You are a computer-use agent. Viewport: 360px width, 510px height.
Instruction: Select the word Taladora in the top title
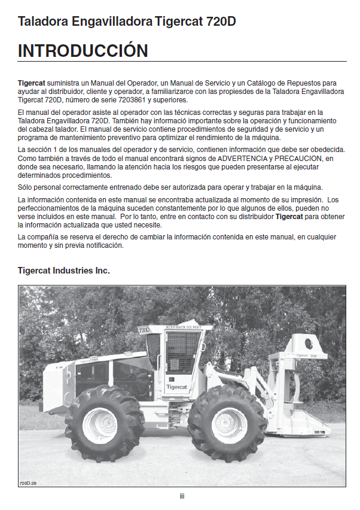point(43,22)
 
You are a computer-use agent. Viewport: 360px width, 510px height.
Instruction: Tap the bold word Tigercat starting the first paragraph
point(31,83)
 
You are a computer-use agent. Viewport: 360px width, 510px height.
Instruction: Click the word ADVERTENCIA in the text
point(241,157)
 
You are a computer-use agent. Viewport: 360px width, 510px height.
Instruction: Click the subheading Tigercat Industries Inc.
point(63,271)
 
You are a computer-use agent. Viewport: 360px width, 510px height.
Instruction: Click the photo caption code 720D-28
point(29,482)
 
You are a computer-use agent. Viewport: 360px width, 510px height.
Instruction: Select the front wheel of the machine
point(227,423)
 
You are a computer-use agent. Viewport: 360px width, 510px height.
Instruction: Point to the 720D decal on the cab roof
point(144,329)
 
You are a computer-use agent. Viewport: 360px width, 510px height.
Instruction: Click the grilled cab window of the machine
point(182,351)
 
